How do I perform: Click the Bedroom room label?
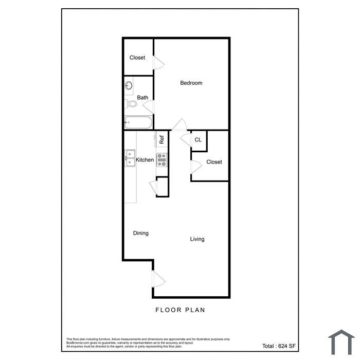[x=191, y=83]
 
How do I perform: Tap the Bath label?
[x=142, y=98]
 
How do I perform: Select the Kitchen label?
[x=145, y=160]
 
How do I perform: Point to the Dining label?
[x=141, y=233]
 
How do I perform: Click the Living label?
[x=197, y=239]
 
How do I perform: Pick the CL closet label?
[x=198, y=140]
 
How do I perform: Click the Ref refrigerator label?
[x=161, y=139]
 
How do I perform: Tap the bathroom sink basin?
[x=129, y=86]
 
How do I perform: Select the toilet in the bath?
[x=131, y=104]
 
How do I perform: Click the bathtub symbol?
[x=138, y=122]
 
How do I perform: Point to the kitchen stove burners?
[x=161, y=160]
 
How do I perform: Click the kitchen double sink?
[x=130, y=158]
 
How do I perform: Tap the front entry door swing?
[x=159, y=279]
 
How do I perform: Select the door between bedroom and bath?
[x=149, y=106]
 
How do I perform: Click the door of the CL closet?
[x=186, y=139]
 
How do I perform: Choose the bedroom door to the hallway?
[x=179, y=124]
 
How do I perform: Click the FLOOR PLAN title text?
[x=180, y=310]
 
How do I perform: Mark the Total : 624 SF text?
[x=279, y=346]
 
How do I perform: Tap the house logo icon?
[x=341, y=343]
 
